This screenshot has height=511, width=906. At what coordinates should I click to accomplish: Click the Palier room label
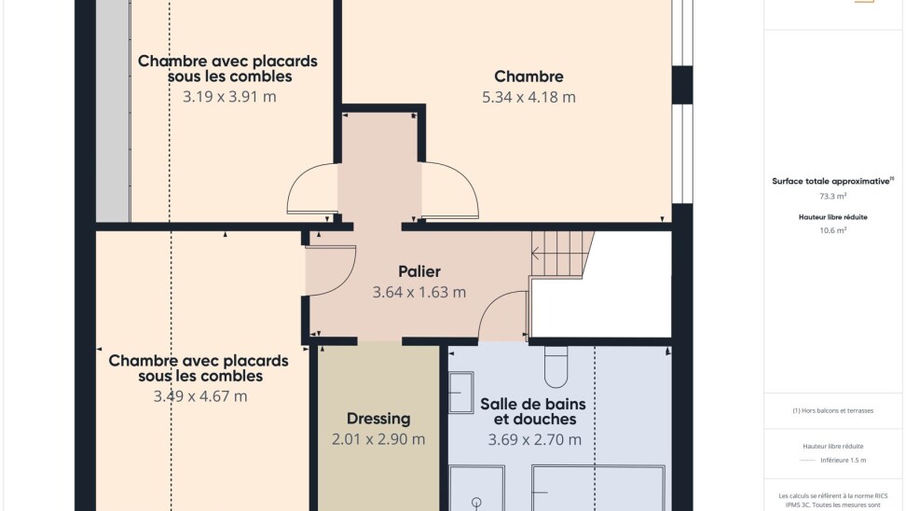[419, 271]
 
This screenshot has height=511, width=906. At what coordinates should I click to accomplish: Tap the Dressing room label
[378, 419]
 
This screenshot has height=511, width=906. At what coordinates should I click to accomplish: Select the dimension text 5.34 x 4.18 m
[528, 97]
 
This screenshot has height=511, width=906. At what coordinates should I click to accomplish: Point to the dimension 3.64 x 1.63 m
[419, 292]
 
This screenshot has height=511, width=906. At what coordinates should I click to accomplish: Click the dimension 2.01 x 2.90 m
[378, 439]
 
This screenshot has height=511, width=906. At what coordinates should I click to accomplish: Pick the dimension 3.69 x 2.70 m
[534, 440]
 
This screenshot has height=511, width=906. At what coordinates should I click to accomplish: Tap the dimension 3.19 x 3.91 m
[229, 97]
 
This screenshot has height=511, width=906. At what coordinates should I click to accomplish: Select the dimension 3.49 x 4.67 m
[199, 396]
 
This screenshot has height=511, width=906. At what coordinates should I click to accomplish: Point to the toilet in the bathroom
[556, 366]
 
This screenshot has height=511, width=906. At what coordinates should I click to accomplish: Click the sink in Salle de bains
[461, 393]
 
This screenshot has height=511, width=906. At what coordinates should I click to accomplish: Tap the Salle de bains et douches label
[533, 411]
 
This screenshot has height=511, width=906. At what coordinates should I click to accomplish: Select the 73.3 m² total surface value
[832, 196]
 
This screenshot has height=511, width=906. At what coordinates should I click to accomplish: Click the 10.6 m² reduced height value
[832, 230]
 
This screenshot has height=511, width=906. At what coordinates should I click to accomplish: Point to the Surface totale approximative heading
[832, 181]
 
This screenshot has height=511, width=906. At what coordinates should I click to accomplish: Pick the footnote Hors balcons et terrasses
[832, 410]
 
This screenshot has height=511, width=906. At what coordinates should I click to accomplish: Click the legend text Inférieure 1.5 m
[843, 460]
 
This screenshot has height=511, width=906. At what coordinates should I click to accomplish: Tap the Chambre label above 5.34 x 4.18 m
[528, 76]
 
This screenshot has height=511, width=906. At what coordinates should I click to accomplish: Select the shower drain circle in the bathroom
[476, 502]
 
